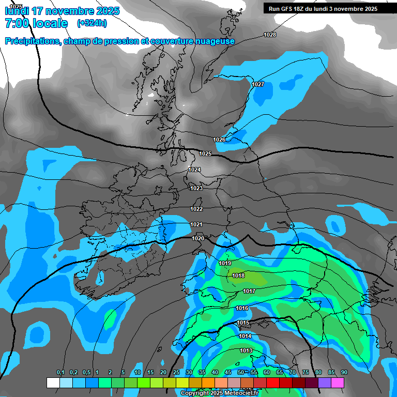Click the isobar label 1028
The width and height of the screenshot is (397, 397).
(270, 35)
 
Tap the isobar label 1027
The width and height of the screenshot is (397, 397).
(258, 84)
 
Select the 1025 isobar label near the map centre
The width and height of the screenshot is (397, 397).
(205, 154)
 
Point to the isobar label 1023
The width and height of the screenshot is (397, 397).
(196, 189)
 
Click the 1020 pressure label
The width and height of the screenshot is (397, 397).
(198, 238)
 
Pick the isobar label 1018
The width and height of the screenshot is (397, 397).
(238, 276)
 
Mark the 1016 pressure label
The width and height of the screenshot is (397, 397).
(242, 309)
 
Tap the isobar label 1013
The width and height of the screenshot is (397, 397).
(246, 351)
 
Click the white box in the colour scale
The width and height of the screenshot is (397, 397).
(53, 383)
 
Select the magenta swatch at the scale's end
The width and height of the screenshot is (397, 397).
(338, 383)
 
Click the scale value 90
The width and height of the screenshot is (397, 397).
(344, 373)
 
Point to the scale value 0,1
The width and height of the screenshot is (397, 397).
(60, 373)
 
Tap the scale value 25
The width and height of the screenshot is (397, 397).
(176, 373)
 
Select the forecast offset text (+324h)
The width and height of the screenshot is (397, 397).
(92, 23)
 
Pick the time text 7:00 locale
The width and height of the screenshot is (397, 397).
(36, 23)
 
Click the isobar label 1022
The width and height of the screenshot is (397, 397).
(196, 209)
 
